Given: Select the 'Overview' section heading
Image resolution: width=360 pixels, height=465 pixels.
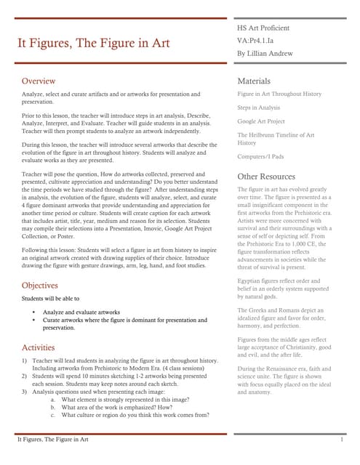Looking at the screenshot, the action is pyautogui.click(x=39, y=81).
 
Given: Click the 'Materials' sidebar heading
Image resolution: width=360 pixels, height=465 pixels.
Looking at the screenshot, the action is pyautogui.click(x=254, y=81).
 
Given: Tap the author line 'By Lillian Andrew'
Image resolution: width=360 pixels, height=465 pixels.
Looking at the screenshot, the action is pyautogui.click(x=265, y=54).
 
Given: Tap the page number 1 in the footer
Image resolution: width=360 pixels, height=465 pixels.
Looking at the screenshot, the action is pyautogui.click(x=341, y=440).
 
